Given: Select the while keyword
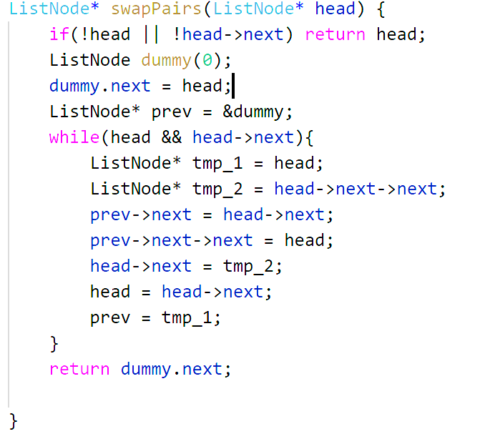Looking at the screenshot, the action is [x=69, y=137].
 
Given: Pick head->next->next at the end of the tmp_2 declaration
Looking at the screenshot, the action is [x=361, y=189].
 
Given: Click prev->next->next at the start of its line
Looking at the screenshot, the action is [x=172, y=240].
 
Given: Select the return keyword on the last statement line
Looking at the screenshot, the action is [x=79, y=369].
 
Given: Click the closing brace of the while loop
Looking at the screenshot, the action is [x=54, y=344].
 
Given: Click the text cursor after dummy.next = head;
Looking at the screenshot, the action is [x=234, y=86].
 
